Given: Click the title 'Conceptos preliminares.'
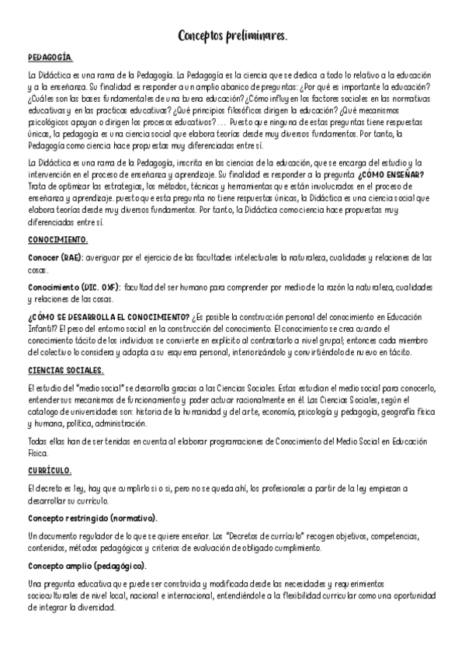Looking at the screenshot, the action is [x=233, y=36].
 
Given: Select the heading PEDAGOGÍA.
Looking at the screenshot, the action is [x=50, y=58].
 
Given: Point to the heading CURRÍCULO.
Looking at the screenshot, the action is [x=50, y=471].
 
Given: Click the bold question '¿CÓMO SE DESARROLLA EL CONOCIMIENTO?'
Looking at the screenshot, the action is [x=109, y=317].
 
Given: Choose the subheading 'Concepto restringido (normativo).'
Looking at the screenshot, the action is [x=92, y=518].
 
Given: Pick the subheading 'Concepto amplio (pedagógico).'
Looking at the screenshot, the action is [x=86, y=566].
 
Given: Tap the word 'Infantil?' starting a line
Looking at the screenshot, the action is [x=43, y=328].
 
